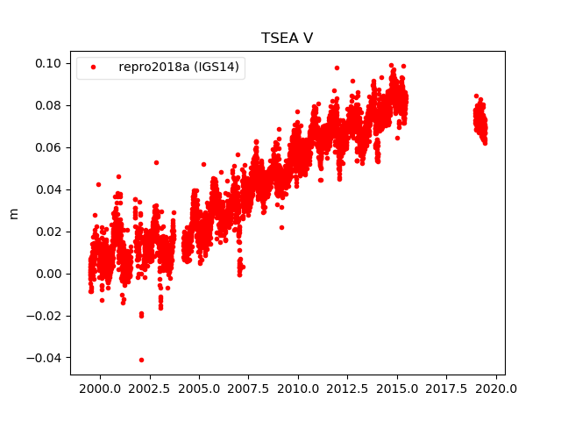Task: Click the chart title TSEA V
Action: coord(287,39)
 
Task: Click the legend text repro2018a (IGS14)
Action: coord(181,67)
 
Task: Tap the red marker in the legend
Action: coord(94,67)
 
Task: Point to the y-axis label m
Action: coord(13,213)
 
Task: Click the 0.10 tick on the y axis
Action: coord(47,63)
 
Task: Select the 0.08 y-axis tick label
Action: coord(47,105)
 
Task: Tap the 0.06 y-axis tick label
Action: coord(47,147)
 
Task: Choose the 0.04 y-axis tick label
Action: coord(47,189)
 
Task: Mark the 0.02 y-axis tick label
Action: coord(47,232)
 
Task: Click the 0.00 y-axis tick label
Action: coord(47,274)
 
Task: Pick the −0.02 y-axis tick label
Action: coord(44,316)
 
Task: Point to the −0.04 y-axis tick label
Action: coord(44,358)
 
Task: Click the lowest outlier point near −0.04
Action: coord(141,360)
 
